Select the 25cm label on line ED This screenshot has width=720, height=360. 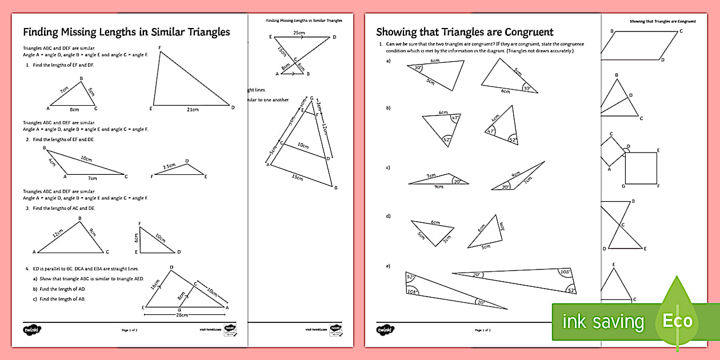299,33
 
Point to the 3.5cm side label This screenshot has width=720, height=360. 169,167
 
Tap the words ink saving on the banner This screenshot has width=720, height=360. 603,322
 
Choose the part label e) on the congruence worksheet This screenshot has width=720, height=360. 389,266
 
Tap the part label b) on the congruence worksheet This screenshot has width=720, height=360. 389,107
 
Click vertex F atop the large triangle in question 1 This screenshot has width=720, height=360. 159,47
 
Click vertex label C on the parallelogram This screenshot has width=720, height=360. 681,31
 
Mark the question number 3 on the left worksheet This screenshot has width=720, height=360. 27,209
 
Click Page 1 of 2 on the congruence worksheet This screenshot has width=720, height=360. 483,330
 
